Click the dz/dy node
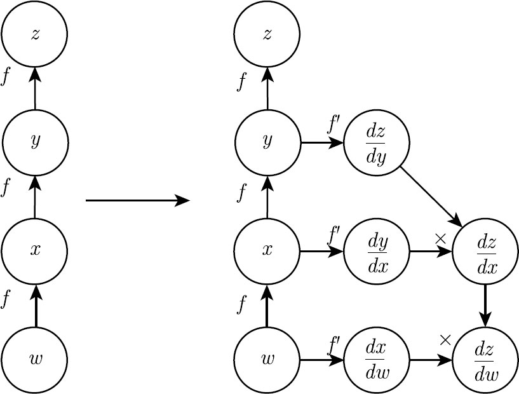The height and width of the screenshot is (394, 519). [x=377, y=143]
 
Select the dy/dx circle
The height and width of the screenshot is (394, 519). [x=377, y=252]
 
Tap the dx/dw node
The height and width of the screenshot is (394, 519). [x=377, y=360]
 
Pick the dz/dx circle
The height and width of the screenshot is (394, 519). [x=485, y=252]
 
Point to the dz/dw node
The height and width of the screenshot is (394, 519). [x=485, y=360]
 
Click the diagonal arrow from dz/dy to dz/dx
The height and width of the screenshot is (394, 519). [x=431, y=197]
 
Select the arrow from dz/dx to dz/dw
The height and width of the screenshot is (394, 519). [x=485, y=306]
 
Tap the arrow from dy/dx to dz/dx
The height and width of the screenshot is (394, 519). [x=431, y=252]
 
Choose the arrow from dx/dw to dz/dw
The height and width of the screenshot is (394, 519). [x=431, y=360]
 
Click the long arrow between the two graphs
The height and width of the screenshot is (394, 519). [x=138, y=200]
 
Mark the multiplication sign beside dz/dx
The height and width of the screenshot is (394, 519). [x=440, y=239]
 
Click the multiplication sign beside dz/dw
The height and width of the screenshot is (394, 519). [x=445, y=340]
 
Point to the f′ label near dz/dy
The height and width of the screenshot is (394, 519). [x=333, y=124]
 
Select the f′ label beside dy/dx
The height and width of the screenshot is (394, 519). [x=333, y=234]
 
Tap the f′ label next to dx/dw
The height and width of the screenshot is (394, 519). [x=333, y=345]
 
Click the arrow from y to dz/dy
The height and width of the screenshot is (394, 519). [x=321, y=143]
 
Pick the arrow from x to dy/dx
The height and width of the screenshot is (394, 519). [x=321, y=252]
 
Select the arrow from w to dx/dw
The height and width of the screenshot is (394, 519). [x=321, y=360]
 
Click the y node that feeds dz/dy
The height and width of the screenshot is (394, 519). [x=267, y=142]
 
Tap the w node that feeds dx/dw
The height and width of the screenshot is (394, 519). [x=267, y=360]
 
